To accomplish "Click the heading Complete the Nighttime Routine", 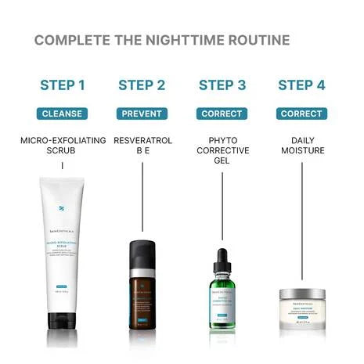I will pos(162,40).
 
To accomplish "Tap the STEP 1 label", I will pos(63,85).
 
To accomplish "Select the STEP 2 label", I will pos(142,85).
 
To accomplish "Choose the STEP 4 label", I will pos(301,85).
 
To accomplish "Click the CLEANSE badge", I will pos(63,114).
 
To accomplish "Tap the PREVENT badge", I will pos(142,114).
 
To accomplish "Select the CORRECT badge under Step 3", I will pos(222,114).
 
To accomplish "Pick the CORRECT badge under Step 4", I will pos(301,114).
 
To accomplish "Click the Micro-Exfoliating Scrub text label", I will pos(63,146).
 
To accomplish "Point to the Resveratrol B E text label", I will pos(142,146).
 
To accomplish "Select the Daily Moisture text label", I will pos(301,146).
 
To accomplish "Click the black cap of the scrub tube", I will pos(63,319).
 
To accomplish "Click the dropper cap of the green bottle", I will pos(222,260).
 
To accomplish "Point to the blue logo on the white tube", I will pos(63,209).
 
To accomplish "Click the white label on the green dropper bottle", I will pos(222,301).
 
